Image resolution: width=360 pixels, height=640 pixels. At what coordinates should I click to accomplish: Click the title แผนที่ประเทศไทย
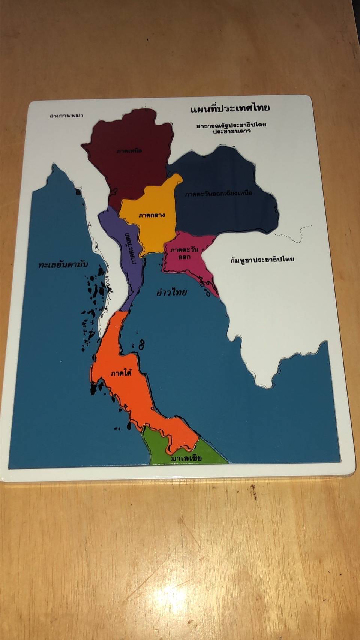230,109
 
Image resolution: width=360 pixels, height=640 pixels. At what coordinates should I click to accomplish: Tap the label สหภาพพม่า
66,115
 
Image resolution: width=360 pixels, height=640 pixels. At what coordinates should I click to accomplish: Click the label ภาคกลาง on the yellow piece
152,215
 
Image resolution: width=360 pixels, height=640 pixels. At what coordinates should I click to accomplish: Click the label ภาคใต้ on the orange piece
121,373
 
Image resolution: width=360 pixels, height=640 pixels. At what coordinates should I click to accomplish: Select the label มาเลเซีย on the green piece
186,458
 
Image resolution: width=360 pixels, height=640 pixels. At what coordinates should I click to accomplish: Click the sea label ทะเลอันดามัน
63,264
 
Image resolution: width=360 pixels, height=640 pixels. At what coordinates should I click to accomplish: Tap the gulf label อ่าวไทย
171,292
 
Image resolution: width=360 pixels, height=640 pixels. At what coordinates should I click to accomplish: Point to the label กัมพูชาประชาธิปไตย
262,259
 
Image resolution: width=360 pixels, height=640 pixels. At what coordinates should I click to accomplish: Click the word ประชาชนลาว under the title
231,131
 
